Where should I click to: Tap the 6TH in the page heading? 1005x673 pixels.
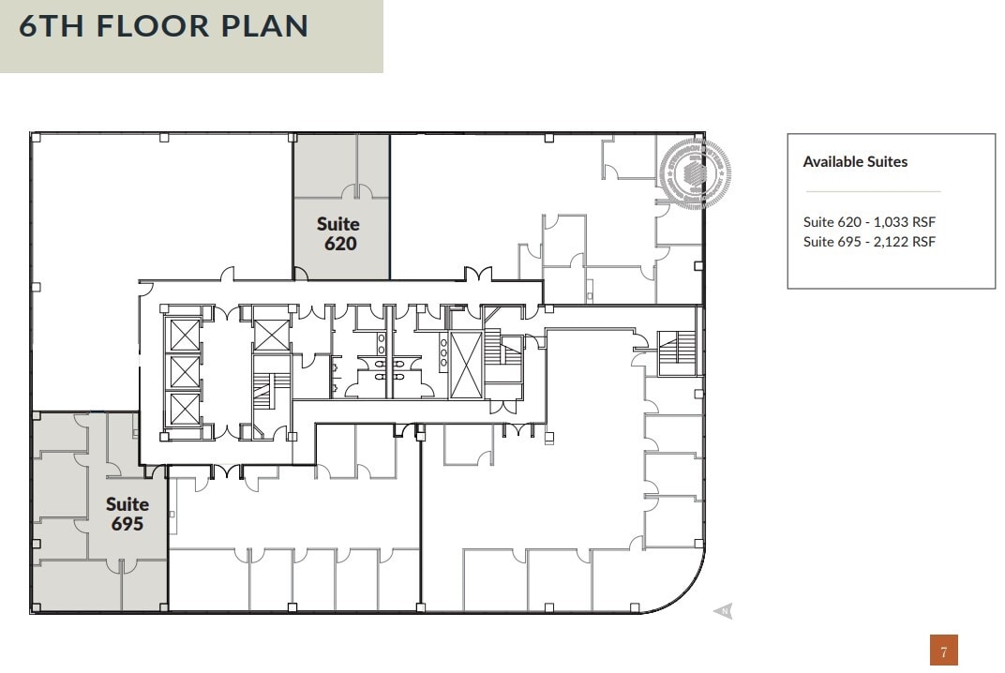[x=53, y=25]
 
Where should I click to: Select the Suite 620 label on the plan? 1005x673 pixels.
[x=339, y=233]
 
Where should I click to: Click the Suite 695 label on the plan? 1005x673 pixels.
[x=127, y=515]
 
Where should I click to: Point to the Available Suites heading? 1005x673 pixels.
[x=855, y=161]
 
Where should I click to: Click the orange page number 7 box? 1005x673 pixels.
[x=943, y=651]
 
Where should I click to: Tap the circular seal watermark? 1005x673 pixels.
[x=694, y=171]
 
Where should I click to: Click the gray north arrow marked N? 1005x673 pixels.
[x=723, y=611]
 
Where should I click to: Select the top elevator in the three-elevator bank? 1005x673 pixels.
[x=184, y=334]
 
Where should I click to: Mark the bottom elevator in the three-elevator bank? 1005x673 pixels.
[x=184, y=409]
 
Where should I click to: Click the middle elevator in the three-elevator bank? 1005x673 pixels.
[x=184, y=371]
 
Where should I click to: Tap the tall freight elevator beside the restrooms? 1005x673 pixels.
[x=465, y=365]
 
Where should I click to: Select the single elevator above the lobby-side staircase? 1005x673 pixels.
[x=271, y=335]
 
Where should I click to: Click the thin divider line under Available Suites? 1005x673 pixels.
[x=873, y=192]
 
